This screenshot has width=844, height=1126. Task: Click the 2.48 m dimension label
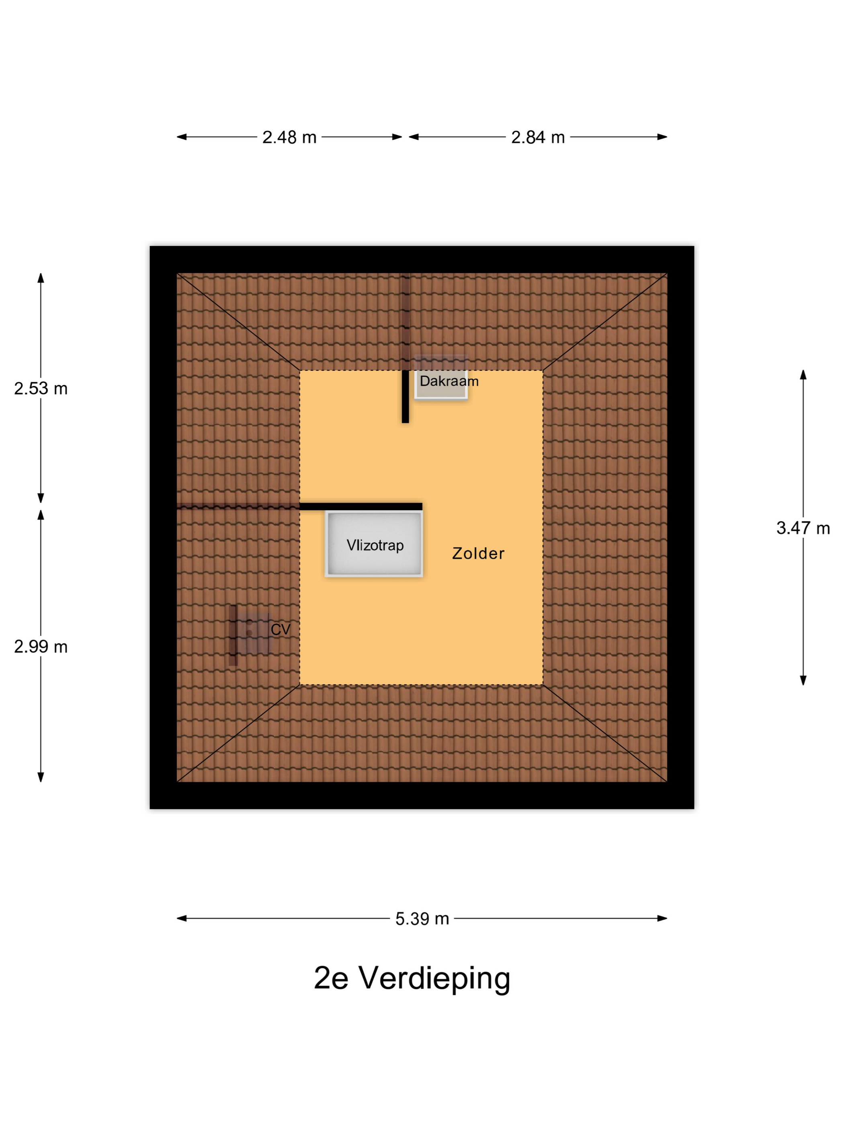pyautogui.click(x=289, y=137)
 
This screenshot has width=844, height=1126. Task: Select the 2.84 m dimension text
pyautogui.click(x=538, y=137)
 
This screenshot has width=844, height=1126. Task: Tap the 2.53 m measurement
pyautogui.click(x=41, y=388)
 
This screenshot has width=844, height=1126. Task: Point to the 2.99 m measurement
pyautogui.click(x=41, y=647)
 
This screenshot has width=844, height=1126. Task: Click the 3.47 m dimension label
pyautogui.click(x=803, y=528)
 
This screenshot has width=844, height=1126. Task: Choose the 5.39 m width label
pyautogui.click(x=422, y=919)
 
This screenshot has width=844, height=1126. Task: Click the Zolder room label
pyautogui.click(x=478, y=553)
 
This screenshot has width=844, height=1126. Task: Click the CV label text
pyautogui.click(x=280, y=630)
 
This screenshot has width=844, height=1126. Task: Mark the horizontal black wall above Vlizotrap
pyautogui.click(x=361, y=506)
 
